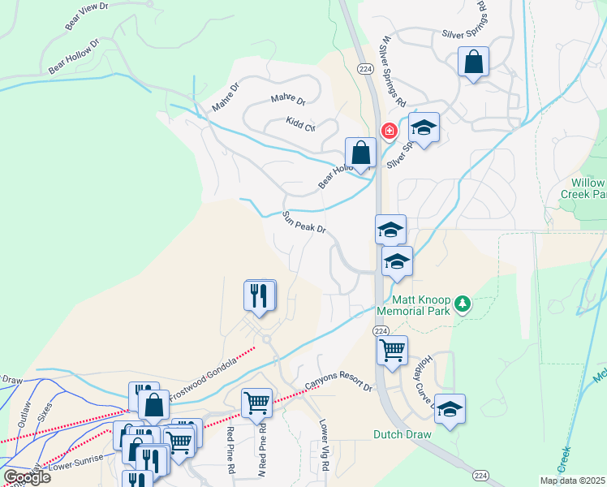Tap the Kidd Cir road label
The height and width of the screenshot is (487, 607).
click(x=300, y=124)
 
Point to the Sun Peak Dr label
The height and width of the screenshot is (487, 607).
click(x=303, y=222)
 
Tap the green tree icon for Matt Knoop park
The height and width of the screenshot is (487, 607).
click(x=463, y=304)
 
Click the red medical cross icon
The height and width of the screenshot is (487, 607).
click(x=390, y=131)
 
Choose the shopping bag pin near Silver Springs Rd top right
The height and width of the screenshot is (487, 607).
click(x=473, y=62)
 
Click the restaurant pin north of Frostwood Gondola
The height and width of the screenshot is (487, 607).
click(x=259, y=295)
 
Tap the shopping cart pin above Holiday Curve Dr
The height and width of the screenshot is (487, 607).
click(x=392, y=351)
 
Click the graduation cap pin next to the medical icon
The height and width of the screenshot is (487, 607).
click(x=423, y=127)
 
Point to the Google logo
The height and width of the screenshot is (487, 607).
click(x=27, y=476)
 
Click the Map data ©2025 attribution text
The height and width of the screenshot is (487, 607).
click(x=572, y=481)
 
